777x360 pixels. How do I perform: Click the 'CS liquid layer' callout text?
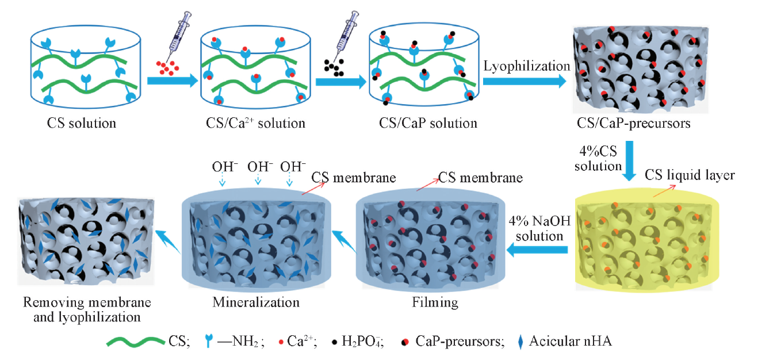[690, 174]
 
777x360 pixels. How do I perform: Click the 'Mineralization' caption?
[256, 302]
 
